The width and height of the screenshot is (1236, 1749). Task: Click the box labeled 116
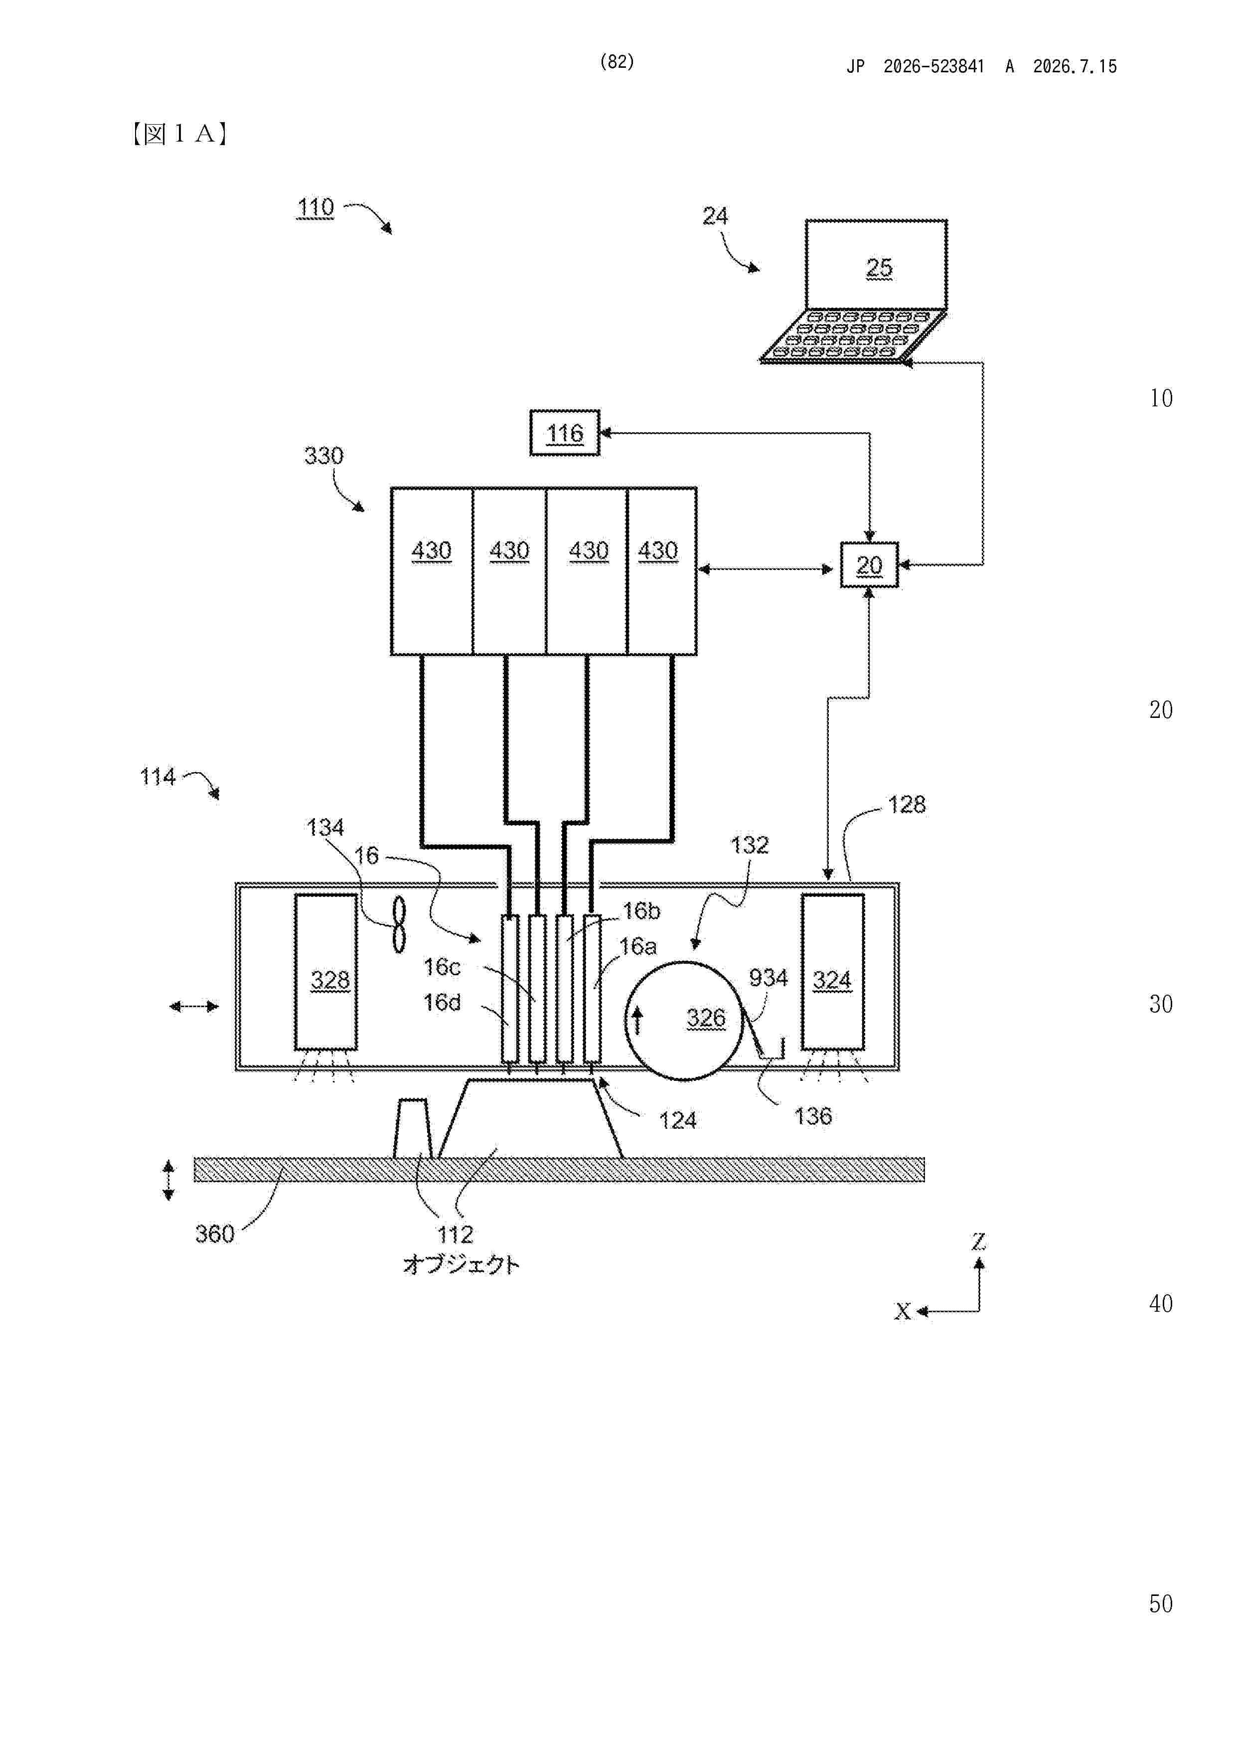coord(564,433)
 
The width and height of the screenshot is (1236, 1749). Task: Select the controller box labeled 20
coord(869,564)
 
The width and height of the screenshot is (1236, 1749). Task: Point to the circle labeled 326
coord(683,1020)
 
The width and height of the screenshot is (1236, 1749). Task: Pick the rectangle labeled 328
coord(326,972)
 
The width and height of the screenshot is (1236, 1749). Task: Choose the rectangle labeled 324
coord(832,972)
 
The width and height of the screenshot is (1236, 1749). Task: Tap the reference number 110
coord(315,207)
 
